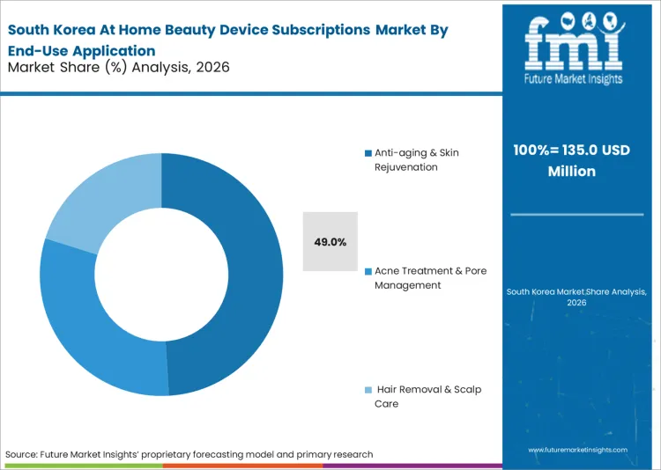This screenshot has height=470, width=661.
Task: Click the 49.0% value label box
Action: [330, 241]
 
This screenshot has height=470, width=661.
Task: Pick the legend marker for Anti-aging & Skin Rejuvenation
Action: [368, 153]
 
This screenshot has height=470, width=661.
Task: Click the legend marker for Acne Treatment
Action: [368, 272]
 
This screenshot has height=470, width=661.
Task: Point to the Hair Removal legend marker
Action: [368, 390]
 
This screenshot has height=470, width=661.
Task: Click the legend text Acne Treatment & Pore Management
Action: [430, 278]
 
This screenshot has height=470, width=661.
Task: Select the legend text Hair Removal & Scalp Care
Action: [427, 396]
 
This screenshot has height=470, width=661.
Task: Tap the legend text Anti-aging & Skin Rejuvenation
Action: [417, 159]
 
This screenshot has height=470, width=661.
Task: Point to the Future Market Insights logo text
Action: [573, 78]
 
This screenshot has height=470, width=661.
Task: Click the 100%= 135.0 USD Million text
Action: [572, 160]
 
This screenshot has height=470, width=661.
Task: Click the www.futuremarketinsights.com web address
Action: [578, 450]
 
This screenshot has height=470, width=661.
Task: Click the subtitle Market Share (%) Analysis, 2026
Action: [118, 67]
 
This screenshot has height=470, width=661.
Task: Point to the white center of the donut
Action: [161, 274]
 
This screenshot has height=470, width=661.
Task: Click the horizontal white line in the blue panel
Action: [577, 214]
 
